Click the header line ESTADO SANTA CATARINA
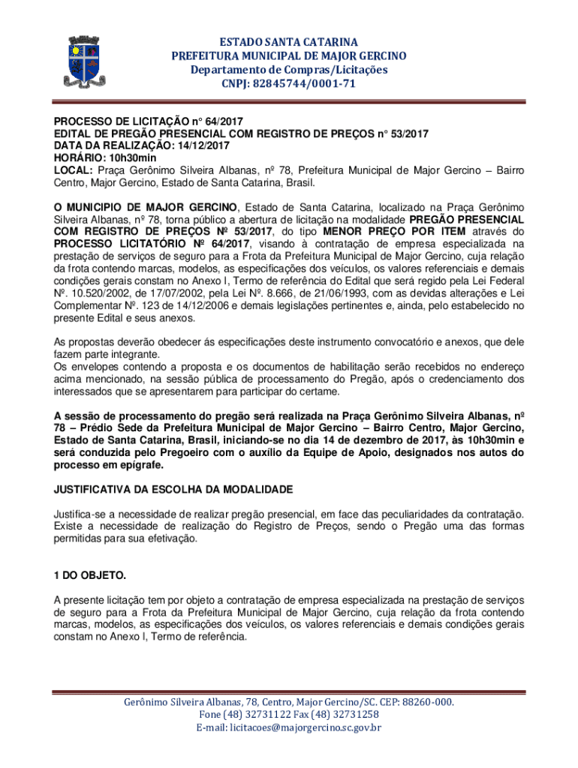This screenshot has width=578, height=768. point(289,41)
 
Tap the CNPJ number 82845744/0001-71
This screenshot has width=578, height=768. point(310,84)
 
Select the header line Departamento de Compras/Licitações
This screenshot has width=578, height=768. point(289,70)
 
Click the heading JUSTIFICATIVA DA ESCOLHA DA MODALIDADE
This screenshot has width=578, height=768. point(172,489)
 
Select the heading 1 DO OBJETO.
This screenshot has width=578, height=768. point(89,575)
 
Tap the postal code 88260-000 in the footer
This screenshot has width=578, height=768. point(421,702)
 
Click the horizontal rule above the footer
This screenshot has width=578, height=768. point(289,691)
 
